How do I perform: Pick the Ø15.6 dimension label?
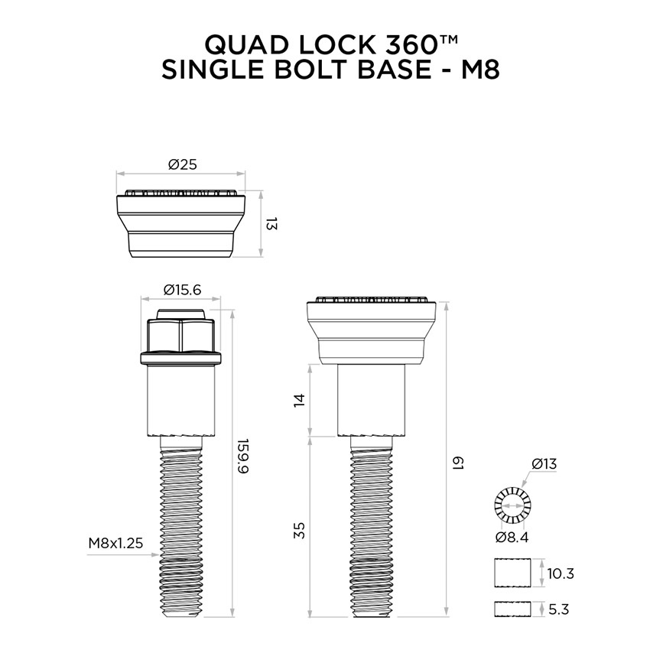(182, 290)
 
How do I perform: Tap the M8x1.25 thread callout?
(115, 544)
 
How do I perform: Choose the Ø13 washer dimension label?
(544, 463)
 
